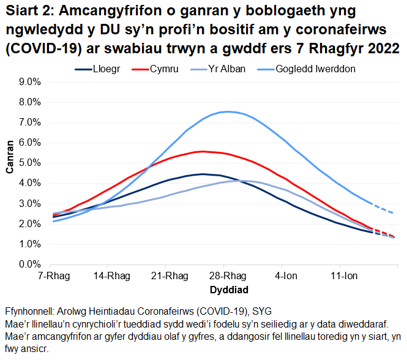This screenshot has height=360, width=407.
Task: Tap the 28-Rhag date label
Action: [225, 275]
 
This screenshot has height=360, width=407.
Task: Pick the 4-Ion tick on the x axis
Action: [283, 275]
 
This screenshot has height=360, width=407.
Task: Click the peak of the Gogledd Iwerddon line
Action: [228, 111]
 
